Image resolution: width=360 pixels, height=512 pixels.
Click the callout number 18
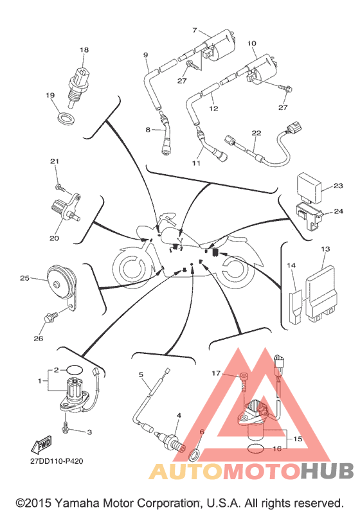pos(84,50)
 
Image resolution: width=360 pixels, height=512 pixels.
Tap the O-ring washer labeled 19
pos(66,118)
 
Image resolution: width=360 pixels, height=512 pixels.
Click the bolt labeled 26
pos(51,317)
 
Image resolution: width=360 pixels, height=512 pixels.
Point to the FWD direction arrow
pos(42,445)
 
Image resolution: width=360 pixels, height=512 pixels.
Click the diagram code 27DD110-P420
pos(57,461)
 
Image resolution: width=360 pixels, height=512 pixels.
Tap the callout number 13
pos(325,249)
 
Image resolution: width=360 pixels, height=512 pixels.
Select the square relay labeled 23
pos(309,184)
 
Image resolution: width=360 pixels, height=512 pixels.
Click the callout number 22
pos(256,133)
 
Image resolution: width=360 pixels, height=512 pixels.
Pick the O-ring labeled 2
pos(75,370)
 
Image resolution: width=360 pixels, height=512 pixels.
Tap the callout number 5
pos(141,375)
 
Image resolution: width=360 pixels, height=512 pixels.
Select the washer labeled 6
pos(195,455)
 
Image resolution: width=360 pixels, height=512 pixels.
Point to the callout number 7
pos(195,30)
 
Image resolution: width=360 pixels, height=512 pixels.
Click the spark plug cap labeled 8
pos(166,135)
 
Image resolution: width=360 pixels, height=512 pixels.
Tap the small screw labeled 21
pos(60,188)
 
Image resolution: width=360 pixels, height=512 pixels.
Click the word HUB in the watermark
pos(327,471)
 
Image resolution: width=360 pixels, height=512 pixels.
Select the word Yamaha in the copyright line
pos(76,503)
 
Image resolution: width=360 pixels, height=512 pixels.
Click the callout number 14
pos(291,265)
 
